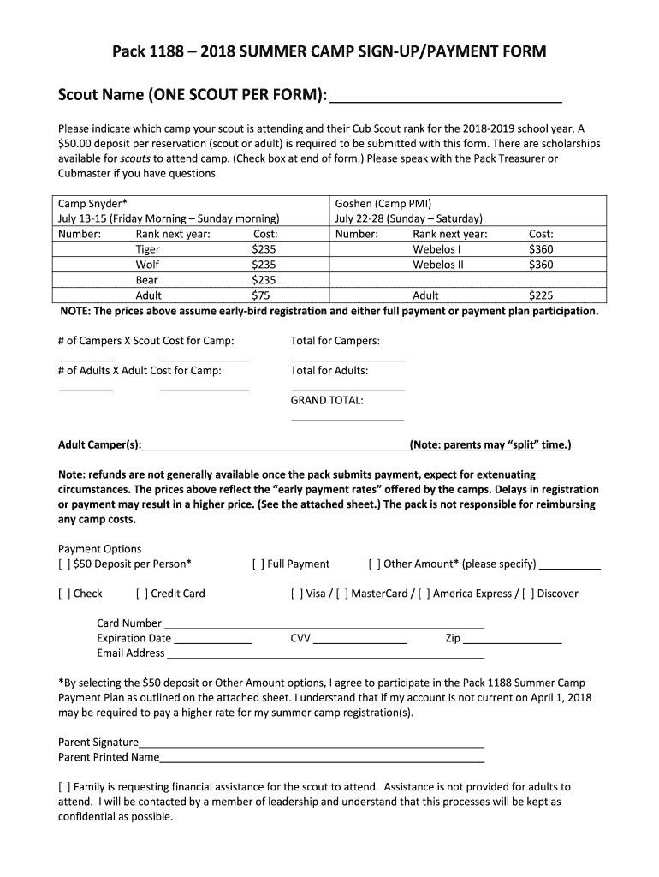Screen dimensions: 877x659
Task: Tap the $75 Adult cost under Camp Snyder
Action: pyautogui.click(x=263, y=295)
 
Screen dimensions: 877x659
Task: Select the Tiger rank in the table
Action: pyautogui.click(x=148, y=249)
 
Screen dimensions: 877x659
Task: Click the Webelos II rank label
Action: pyautogui.click(x=437, y=265)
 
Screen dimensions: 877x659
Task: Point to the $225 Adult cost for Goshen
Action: pyautogui.click(x=541, y=295)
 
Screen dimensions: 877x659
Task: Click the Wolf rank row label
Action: pyautogui.click(x=148, y=265)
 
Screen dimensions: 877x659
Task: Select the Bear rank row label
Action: pyautogui.click(x=146, y=280)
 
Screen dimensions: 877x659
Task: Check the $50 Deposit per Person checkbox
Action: pyautogui.click(x=64, y=564)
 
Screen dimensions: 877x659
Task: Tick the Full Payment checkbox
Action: pyautogui.click(x=258, y=564)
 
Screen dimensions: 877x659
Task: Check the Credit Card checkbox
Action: pyautogui.click(x=141, y=594)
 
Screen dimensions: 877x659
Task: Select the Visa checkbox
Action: pyautogui.click(x=297, y=594)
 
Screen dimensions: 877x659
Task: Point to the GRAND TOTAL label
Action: pyautogui.click(x=327, y=400)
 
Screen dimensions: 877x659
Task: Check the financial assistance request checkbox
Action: pyautogui.click(x=64, y=786)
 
